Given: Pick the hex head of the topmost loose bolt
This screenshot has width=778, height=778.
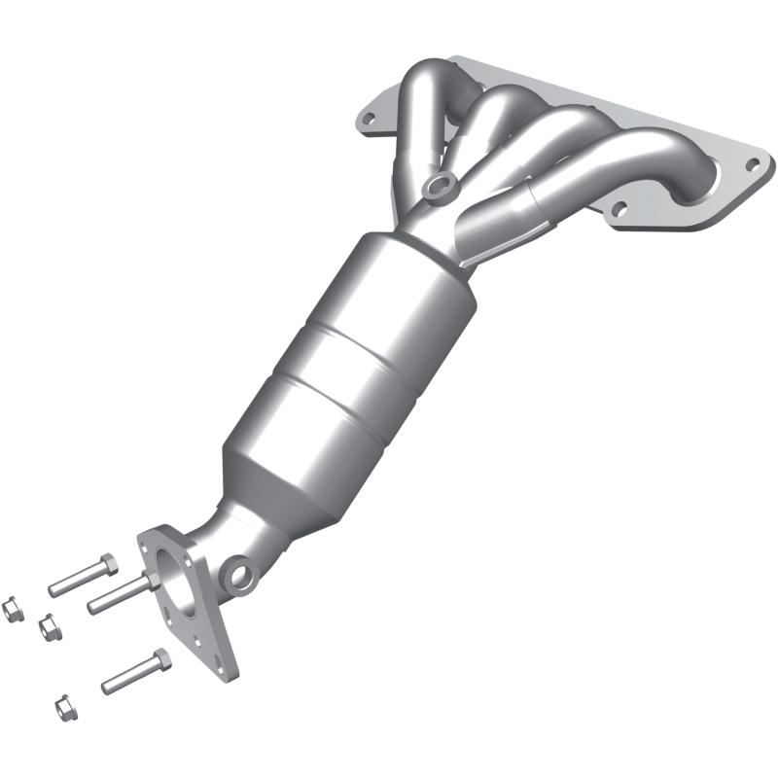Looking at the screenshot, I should pos(107,564).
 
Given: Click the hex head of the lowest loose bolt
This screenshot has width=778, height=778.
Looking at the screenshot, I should pos(161,659).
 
